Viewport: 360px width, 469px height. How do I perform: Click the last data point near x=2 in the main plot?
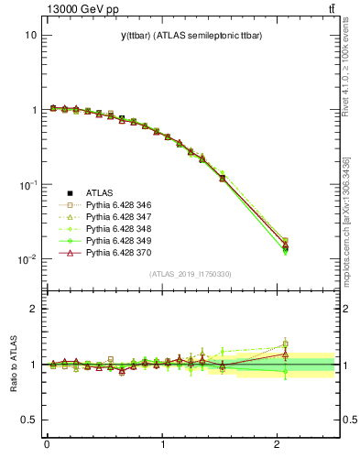pyautogui.click(x=285, y=245)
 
